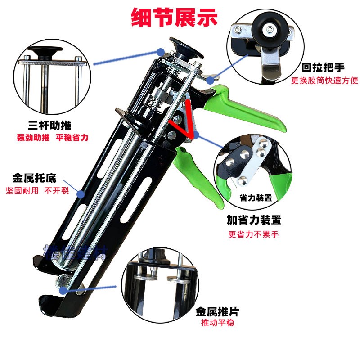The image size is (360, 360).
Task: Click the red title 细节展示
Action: click(174, 18)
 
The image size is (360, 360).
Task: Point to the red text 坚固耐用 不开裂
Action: click(37, 190)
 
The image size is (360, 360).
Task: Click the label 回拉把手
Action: click(323, 68)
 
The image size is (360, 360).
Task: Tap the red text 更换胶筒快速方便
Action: click(324, 81)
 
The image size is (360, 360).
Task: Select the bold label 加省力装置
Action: click(254, 220)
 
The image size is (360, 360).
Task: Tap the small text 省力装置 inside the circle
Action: click(256, 198)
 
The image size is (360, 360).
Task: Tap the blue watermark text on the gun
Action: click(75, 253)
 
